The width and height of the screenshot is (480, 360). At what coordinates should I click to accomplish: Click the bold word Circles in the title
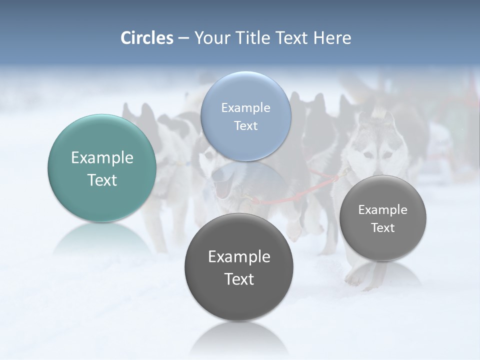[146, 38]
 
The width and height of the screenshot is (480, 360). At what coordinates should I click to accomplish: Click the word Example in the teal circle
[102, 158]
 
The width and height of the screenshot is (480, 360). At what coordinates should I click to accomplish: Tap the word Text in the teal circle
[102, 180]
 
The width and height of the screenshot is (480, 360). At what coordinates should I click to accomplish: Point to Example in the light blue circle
[245, 107]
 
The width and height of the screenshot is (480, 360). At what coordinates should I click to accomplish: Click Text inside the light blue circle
[245, 125]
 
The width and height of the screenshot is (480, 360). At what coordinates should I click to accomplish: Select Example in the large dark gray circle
[239, 256]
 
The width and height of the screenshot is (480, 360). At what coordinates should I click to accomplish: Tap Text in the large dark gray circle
[239, 279]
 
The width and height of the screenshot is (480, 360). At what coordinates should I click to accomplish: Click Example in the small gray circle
[382, 210]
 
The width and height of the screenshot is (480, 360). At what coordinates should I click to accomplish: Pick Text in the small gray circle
[382, 227]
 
